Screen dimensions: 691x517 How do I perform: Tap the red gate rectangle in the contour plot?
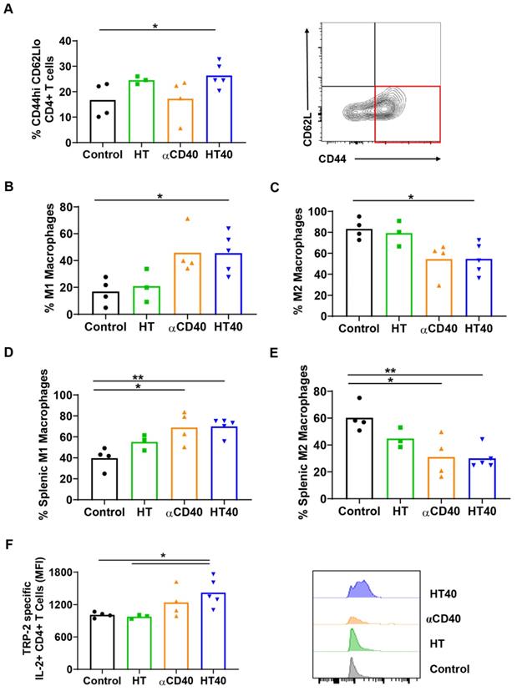click(x=406, y=113)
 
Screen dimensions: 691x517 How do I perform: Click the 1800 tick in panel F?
click(x=72, y=573)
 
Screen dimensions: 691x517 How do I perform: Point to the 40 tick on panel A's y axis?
click(x=72, y=41)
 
